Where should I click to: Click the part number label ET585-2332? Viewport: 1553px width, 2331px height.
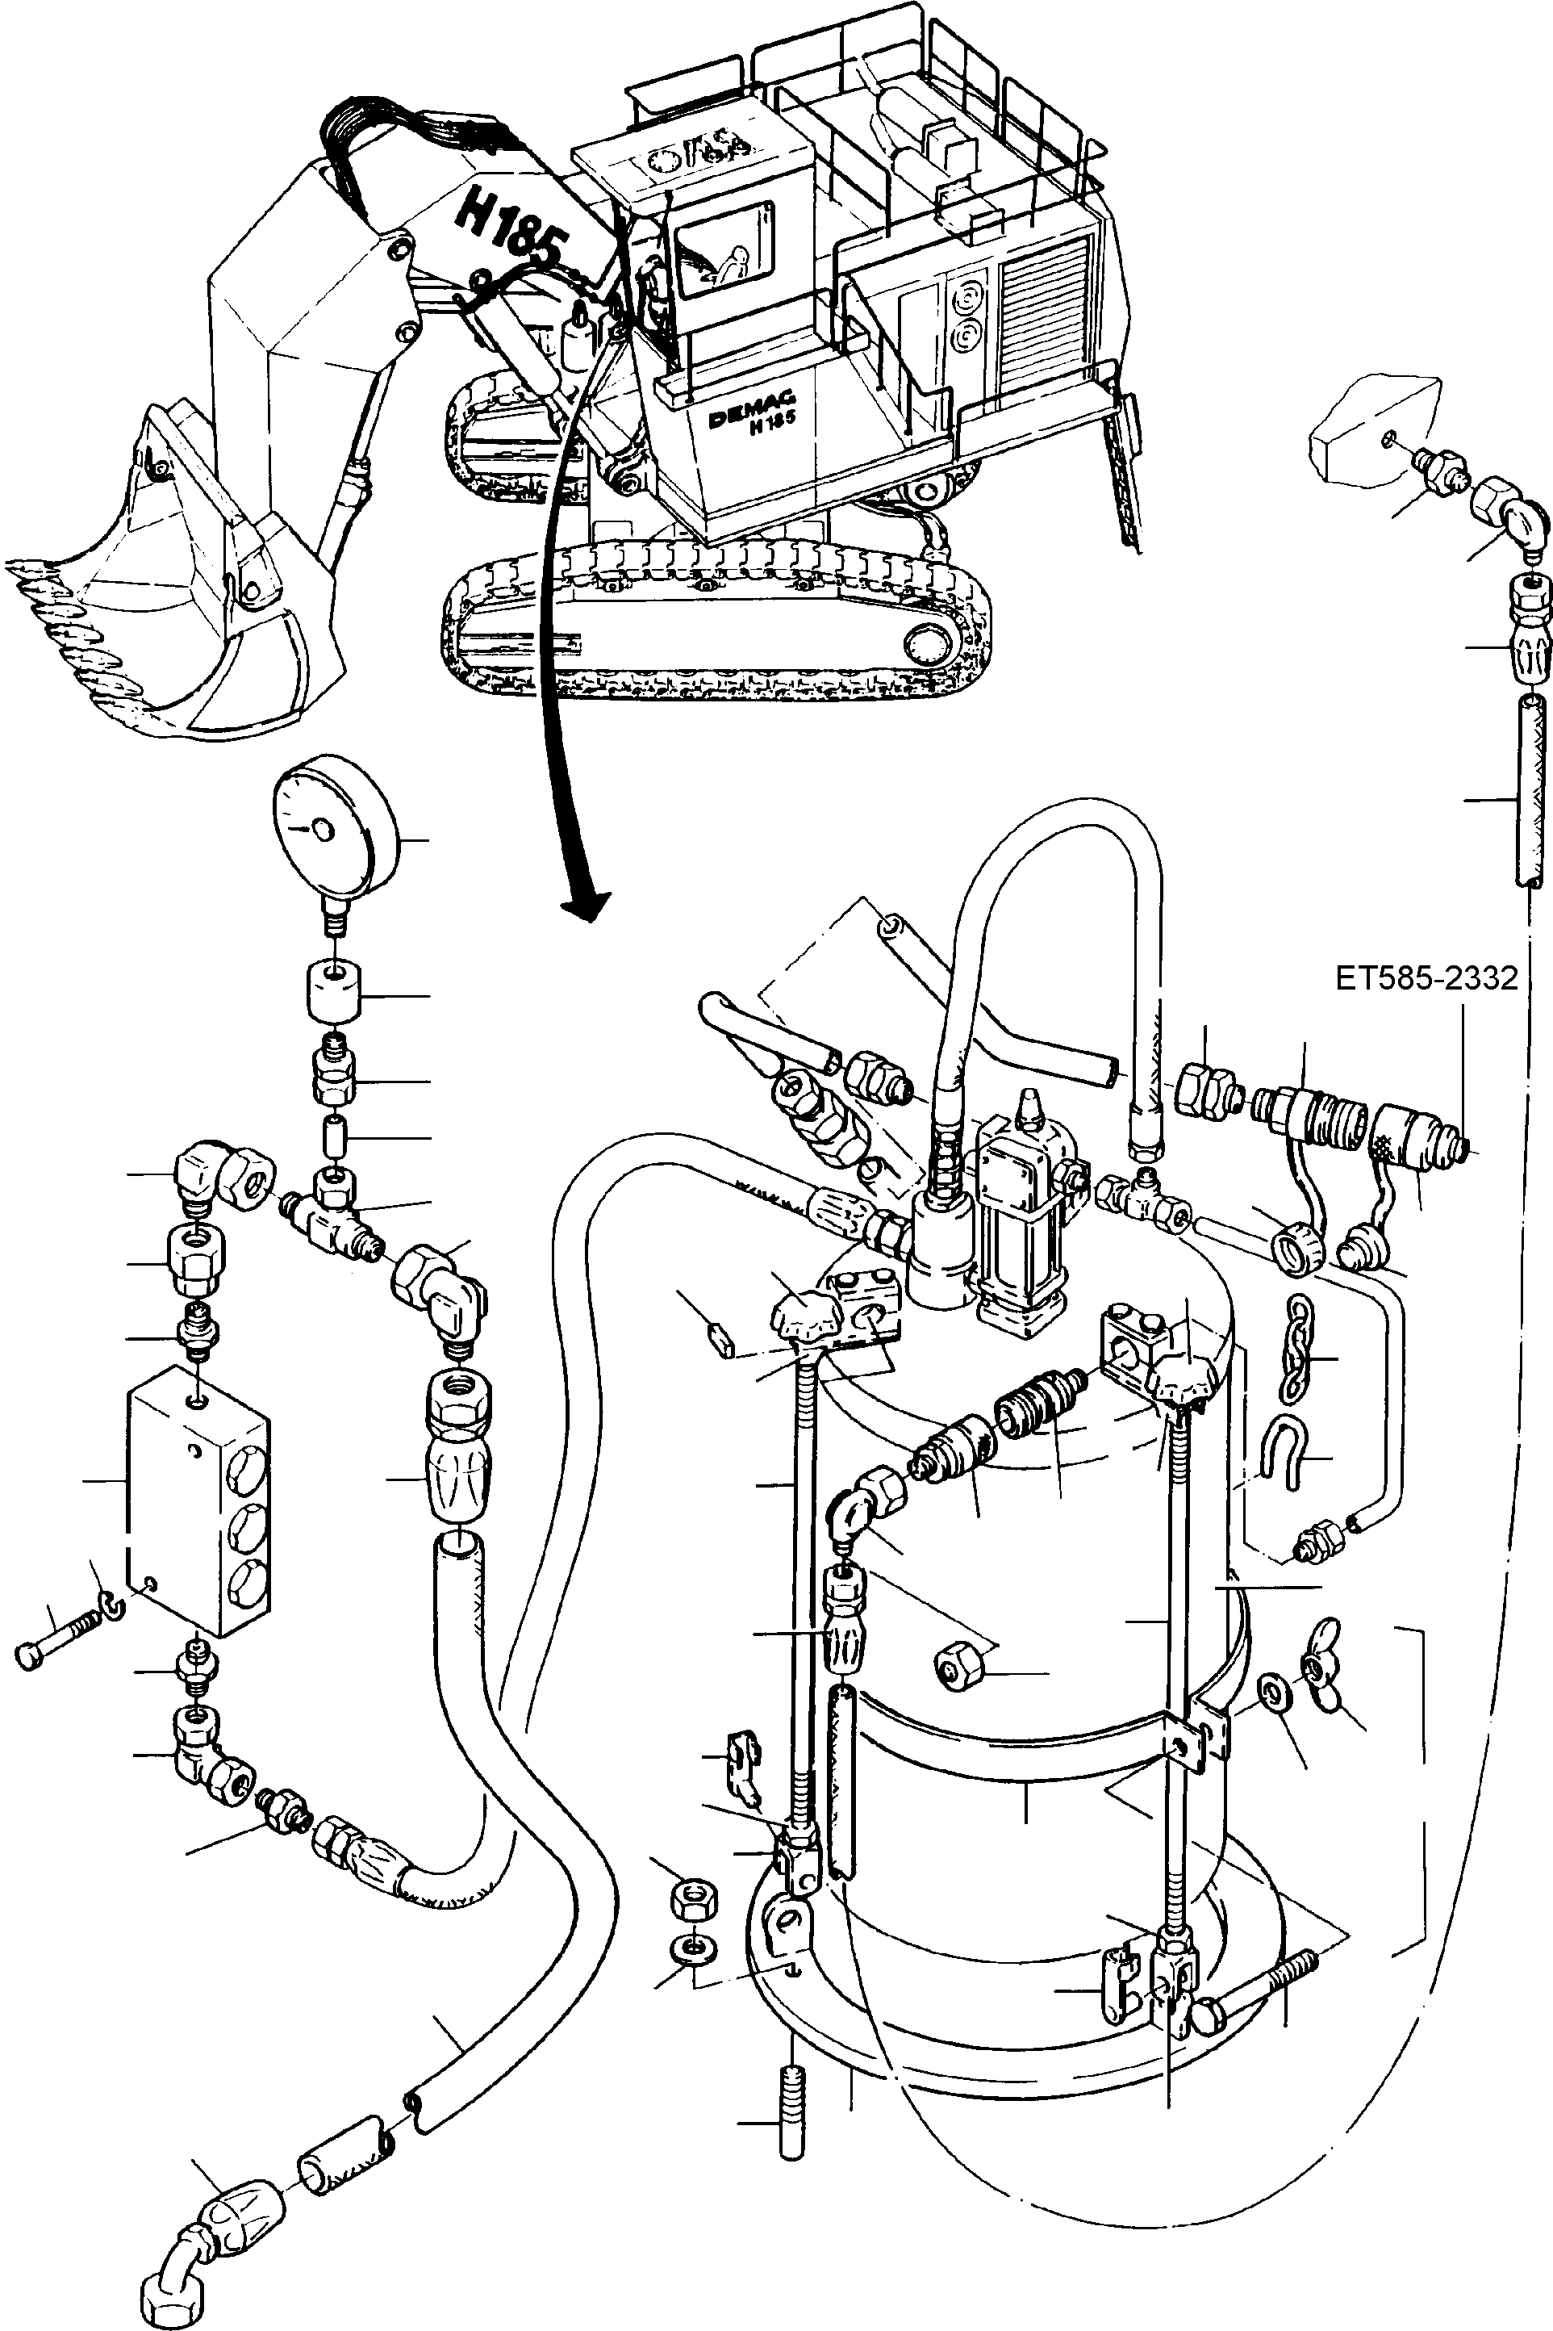[1426, 979]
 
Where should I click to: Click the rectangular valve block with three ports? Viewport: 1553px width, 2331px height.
[198, 1506]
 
